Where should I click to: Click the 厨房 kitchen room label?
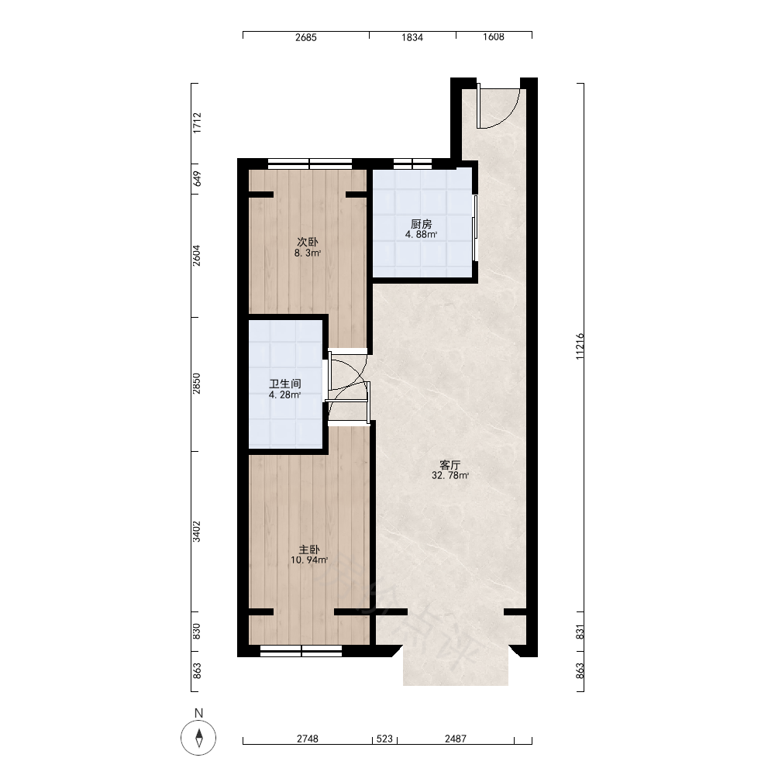(421, 225)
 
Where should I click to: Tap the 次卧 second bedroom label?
(307, 242)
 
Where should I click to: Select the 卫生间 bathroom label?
(285, 384)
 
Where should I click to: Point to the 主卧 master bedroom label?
(309, 549)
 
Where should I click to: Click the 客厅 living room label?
(449, 465)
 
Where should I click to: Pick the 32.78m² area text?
(450, 476)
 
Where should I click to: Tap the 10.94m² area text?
(309, 560)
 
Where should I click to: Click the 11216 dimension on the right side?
(580, 346)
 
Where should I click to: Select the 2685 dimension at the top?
(306, 37)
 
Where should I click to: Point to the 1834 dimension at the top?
(412, 37)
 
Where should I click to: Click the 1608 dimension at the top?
(493, 37)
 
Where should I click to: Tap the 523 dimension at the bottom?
(384, 739)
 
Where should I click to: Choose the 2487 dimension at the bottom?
(455, 739)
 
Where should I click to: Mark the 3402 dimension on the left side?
(197, 532)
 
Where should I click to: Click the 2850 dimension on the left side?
(197, 384)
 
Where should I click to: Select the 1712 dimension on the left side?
(197, 123)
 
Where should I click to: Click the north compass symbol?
(198, 738)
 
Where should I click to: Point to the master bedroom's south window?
(301, 652)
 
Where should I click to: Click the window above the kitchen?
(413, 164)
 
